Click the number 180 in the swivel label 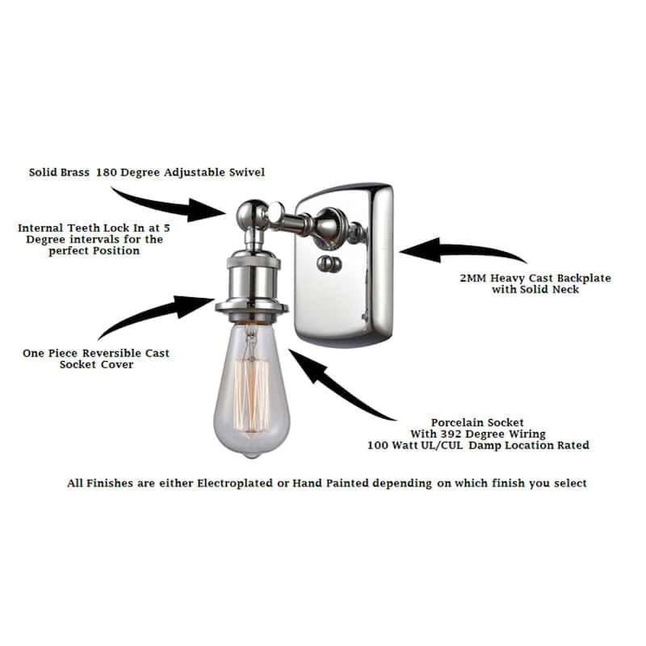107,172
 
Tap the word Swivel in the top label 247,172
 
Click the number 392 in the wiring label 451,434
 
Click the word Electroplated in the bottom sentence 235,483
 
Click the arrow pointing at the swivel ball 169,206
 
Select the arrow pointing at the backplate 462,250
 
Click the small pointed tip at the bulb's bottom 252,455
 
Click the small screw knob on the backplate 329,264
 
